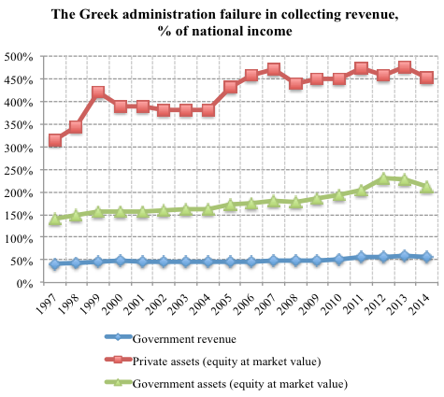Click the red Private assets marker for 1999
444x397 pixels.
click(x=98, y=93)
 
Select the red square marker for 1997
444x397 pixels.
click(x=55, y=140)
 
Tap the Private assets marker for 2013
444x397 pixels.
click(x=404, y=68)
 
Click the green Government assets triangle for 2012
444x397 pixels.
click(x=382, y=177)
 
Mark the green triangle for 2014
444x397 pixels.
click(x=426, y=187)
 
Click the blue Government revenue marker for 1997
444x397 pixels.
click(x=55, y=263)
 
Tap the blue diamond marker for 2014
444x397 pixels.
click(x=426, y=256)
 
